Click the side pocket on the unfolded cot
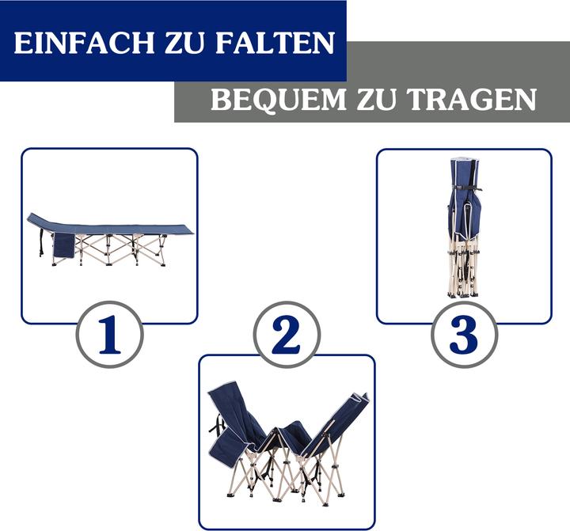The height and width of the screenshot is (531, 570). (63, 246)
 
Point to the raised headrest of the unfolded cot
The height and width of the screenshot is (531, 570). (40, 221)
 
